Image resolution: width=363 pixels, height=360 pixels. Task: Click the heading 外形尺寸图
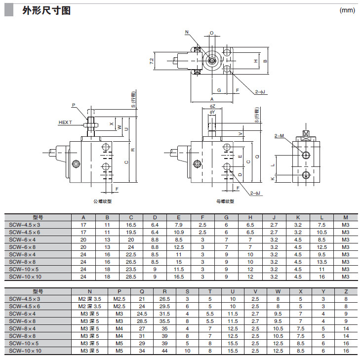(x=46, y=11)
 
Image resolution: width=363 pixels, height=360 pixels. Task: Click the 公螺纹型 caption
(x=102, y=201)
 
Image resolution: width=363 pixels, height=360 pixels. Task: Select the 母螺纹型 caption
(x=225, y=201)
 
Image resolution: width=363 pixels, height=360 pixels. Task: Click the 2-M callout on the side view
(x=280, y=136)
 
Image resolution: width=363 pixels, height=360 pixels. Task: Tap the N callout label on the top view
(x=187, y=32)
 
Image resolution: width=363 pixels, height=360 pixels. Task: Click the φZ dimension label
(x=212, y=106)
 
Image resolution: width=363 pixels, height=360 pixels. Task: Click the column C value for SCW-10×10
(x=131, y=276)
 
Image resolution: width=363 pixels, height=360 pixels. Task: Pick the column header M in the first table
(x=345, y=217)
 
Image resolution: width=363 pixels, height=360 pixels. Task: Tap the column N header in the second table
(x=89, y=292)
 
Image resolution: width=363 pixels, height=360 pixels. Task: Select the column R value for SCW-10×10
(x=165, y=351)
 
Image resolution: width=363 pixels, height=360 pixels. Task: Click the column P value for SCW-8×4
(x=119, y=328)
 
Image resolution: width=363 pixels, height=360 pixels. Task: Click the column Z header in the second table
(x=345, y=292)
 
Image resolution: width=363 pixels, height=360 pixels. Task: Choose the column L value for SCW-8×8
(x=322, y=261)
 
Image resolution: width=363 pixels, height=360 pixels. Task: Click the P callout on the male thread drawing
(x=73, y=105)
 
